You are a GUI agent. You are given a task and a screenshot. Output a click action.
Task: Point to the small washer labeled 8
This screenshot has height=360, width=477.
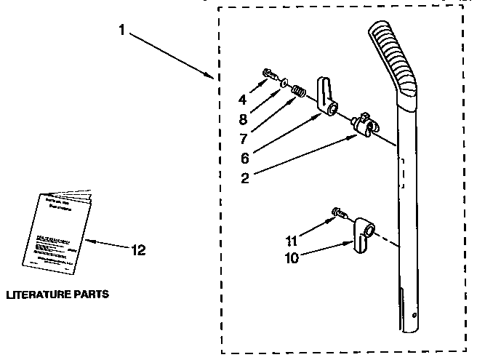[281, 83]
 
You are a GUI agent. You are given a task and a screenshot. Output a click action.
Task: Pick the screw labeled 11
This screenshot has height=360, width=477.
[337, 213]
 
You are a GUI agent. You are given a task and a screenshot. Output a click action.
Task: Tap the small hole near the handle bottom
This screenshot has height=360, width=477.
[412, 318]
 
